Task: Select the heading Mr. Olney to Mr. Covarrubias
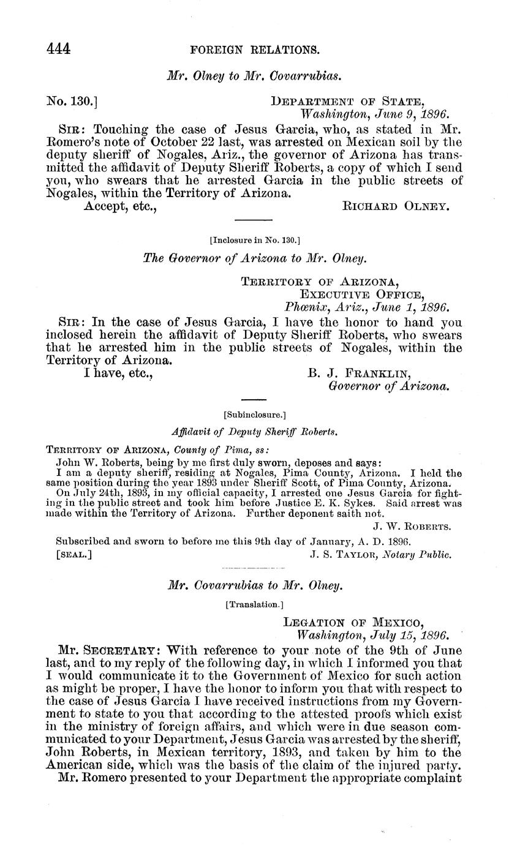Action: point(254,76)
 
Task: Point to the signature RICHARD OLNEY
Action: point(395,206)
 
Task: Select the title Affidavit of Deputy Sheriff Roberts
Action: point(254,432)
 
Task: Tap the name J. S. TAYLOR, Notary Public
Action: point(381,555)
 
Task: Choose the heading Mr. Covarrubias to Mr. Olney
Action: point(254,586)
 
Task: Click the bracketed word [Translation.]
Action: point(254,604)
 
